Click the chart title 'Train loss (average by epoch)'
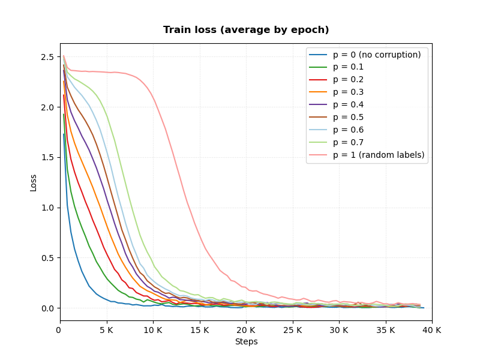[x=246, y=29]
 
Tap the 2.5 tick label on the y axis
[x=47, y=57]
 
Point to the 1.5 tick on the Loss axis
[x=47, y=158]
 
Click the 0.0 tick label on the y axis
[x=47, y=308]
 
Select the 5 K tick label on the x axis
[x=107, y=331]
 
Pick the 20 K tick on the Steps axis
[x=246, y=331]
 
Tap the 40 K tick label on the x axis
[x=432, y=331]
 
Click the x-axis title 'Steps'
[x=247, y=341]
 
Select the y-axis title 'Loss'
[x=33, y=183]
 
